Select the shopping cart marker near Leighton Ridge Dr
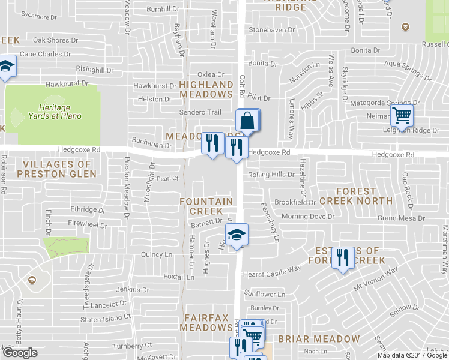[x=402, y=115]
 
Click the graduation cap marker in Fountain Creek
[x=237, y=235]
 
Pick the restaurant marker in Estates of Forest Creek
[x=342, y=257]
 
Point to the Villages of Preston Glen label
[x=56, y=169]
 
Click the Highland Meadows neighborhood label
[x=206, y=89]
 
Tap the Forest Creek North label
[x=356, y=196]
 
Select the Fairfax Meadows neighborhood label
[x=206, y=322]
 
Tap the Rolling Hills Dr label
[x=271, y=175]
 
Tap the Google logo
[x=20, y=353]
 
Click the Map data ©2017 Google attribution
[x=412, y=355]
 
